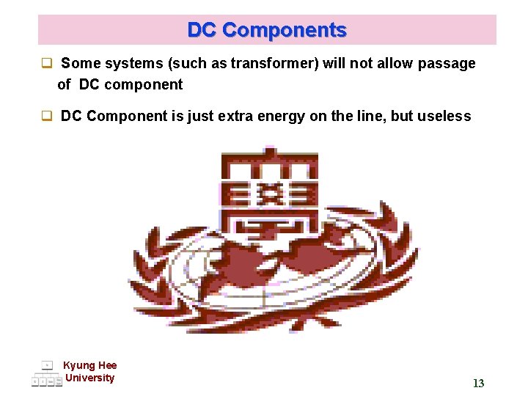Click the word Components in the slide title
pos(285,30)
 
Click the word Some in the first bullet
pos(78,64)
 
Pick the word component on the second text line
pos(143,84)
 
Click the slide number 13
pos(478,384)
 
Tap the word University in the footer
pos(89,378)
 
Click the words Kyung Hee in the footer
pos(89,365)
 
